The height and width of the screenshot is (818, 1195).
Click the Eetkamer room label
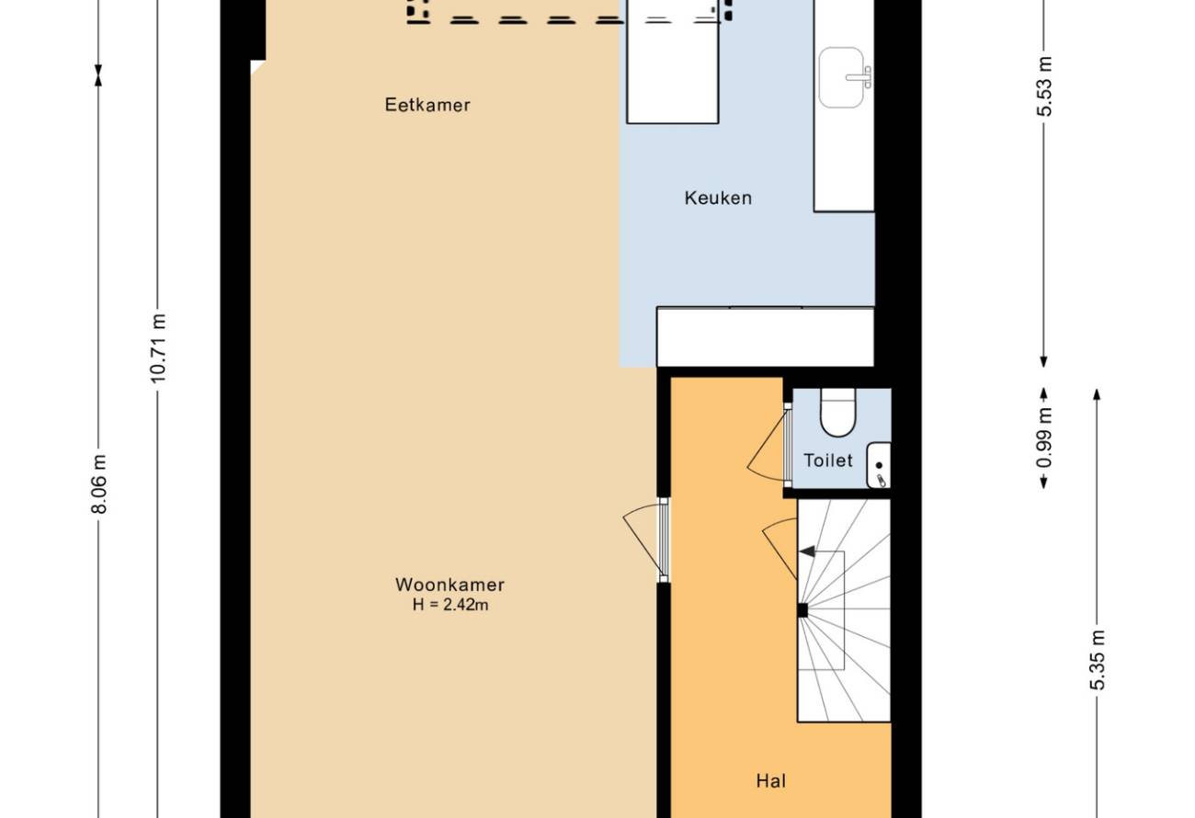click(427, 105)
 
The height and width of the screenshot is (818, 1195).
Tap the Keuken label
click(718, 199)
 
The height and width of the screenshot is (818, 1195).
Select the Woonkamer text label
click(450, 585)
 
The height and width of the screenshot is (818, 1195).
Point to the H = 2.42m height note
click(450, 605)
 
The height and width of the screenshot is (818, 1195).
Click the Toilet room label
click(828, 460)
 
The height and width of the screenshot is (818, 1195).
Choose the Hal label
click(771, 781)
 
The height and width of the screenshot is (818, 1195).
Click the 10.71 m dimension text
click(158, 348)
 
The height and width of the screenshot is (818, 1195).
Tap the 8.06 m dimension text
click(99, 484)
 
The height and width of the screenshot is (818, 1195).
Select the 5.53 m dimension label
click(1044, 86)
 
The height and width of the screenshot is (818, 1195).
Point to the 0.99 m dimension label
click(1044, 437)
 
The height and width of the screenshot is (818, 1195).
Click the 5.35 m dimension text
click(1097, 660)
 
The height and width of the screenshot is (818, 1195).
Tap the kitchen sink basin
click(841, 78)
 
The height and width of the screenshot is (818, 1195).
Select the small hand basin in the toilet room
click(878, 465)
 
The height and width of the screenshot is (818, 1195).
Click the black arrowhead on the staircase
click(807, 551)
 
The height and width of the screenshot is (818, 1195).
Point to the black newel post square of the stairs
click(802, 610)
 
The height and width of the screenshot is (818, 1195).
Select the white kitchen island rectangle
click(673, 62)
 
